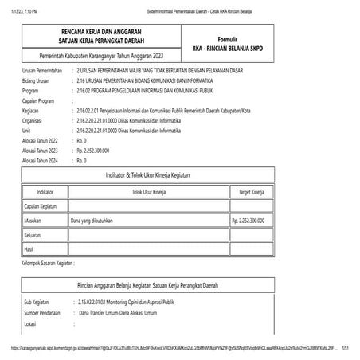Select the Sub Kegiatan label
(39, 303)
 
